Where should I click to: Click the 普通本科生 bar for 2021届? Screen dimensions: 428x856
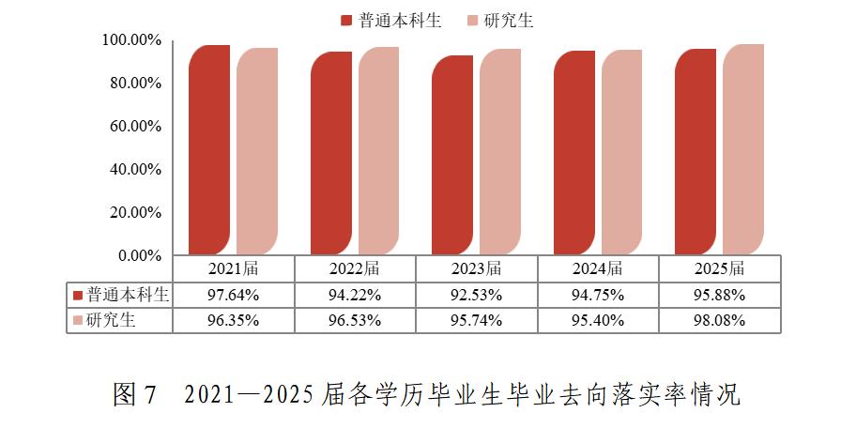(x=208, y=150)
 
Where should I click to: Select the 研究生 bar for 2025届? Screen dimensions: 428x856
(x=742, y=150)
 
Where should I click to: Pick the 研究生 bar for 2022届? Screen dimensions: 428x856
(x=378, y=150)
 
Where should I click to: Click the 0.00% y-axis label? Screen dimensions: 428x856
(x=139, y=255)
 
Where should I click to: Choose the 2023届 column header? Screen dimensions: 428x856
(x=476, y=269)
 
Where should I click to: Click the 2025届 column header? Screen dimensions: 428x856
(x=719, y=269)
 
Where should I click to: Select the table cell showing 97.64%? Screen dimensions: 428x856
(x=233, y=295)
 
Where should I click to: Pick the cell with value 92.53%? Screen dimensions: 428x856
(x=476, y=295)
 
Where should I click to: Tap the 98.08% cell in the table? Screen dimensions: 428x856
(x=719, y=320)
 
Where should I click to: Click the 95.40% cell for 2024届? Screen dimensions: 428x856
(x=597, y=320)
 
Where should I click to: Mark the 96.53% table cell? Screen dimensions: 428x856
(x=355, y=320)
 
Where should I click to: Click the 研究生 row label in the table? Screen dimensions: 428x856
(x=111, y=320)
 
